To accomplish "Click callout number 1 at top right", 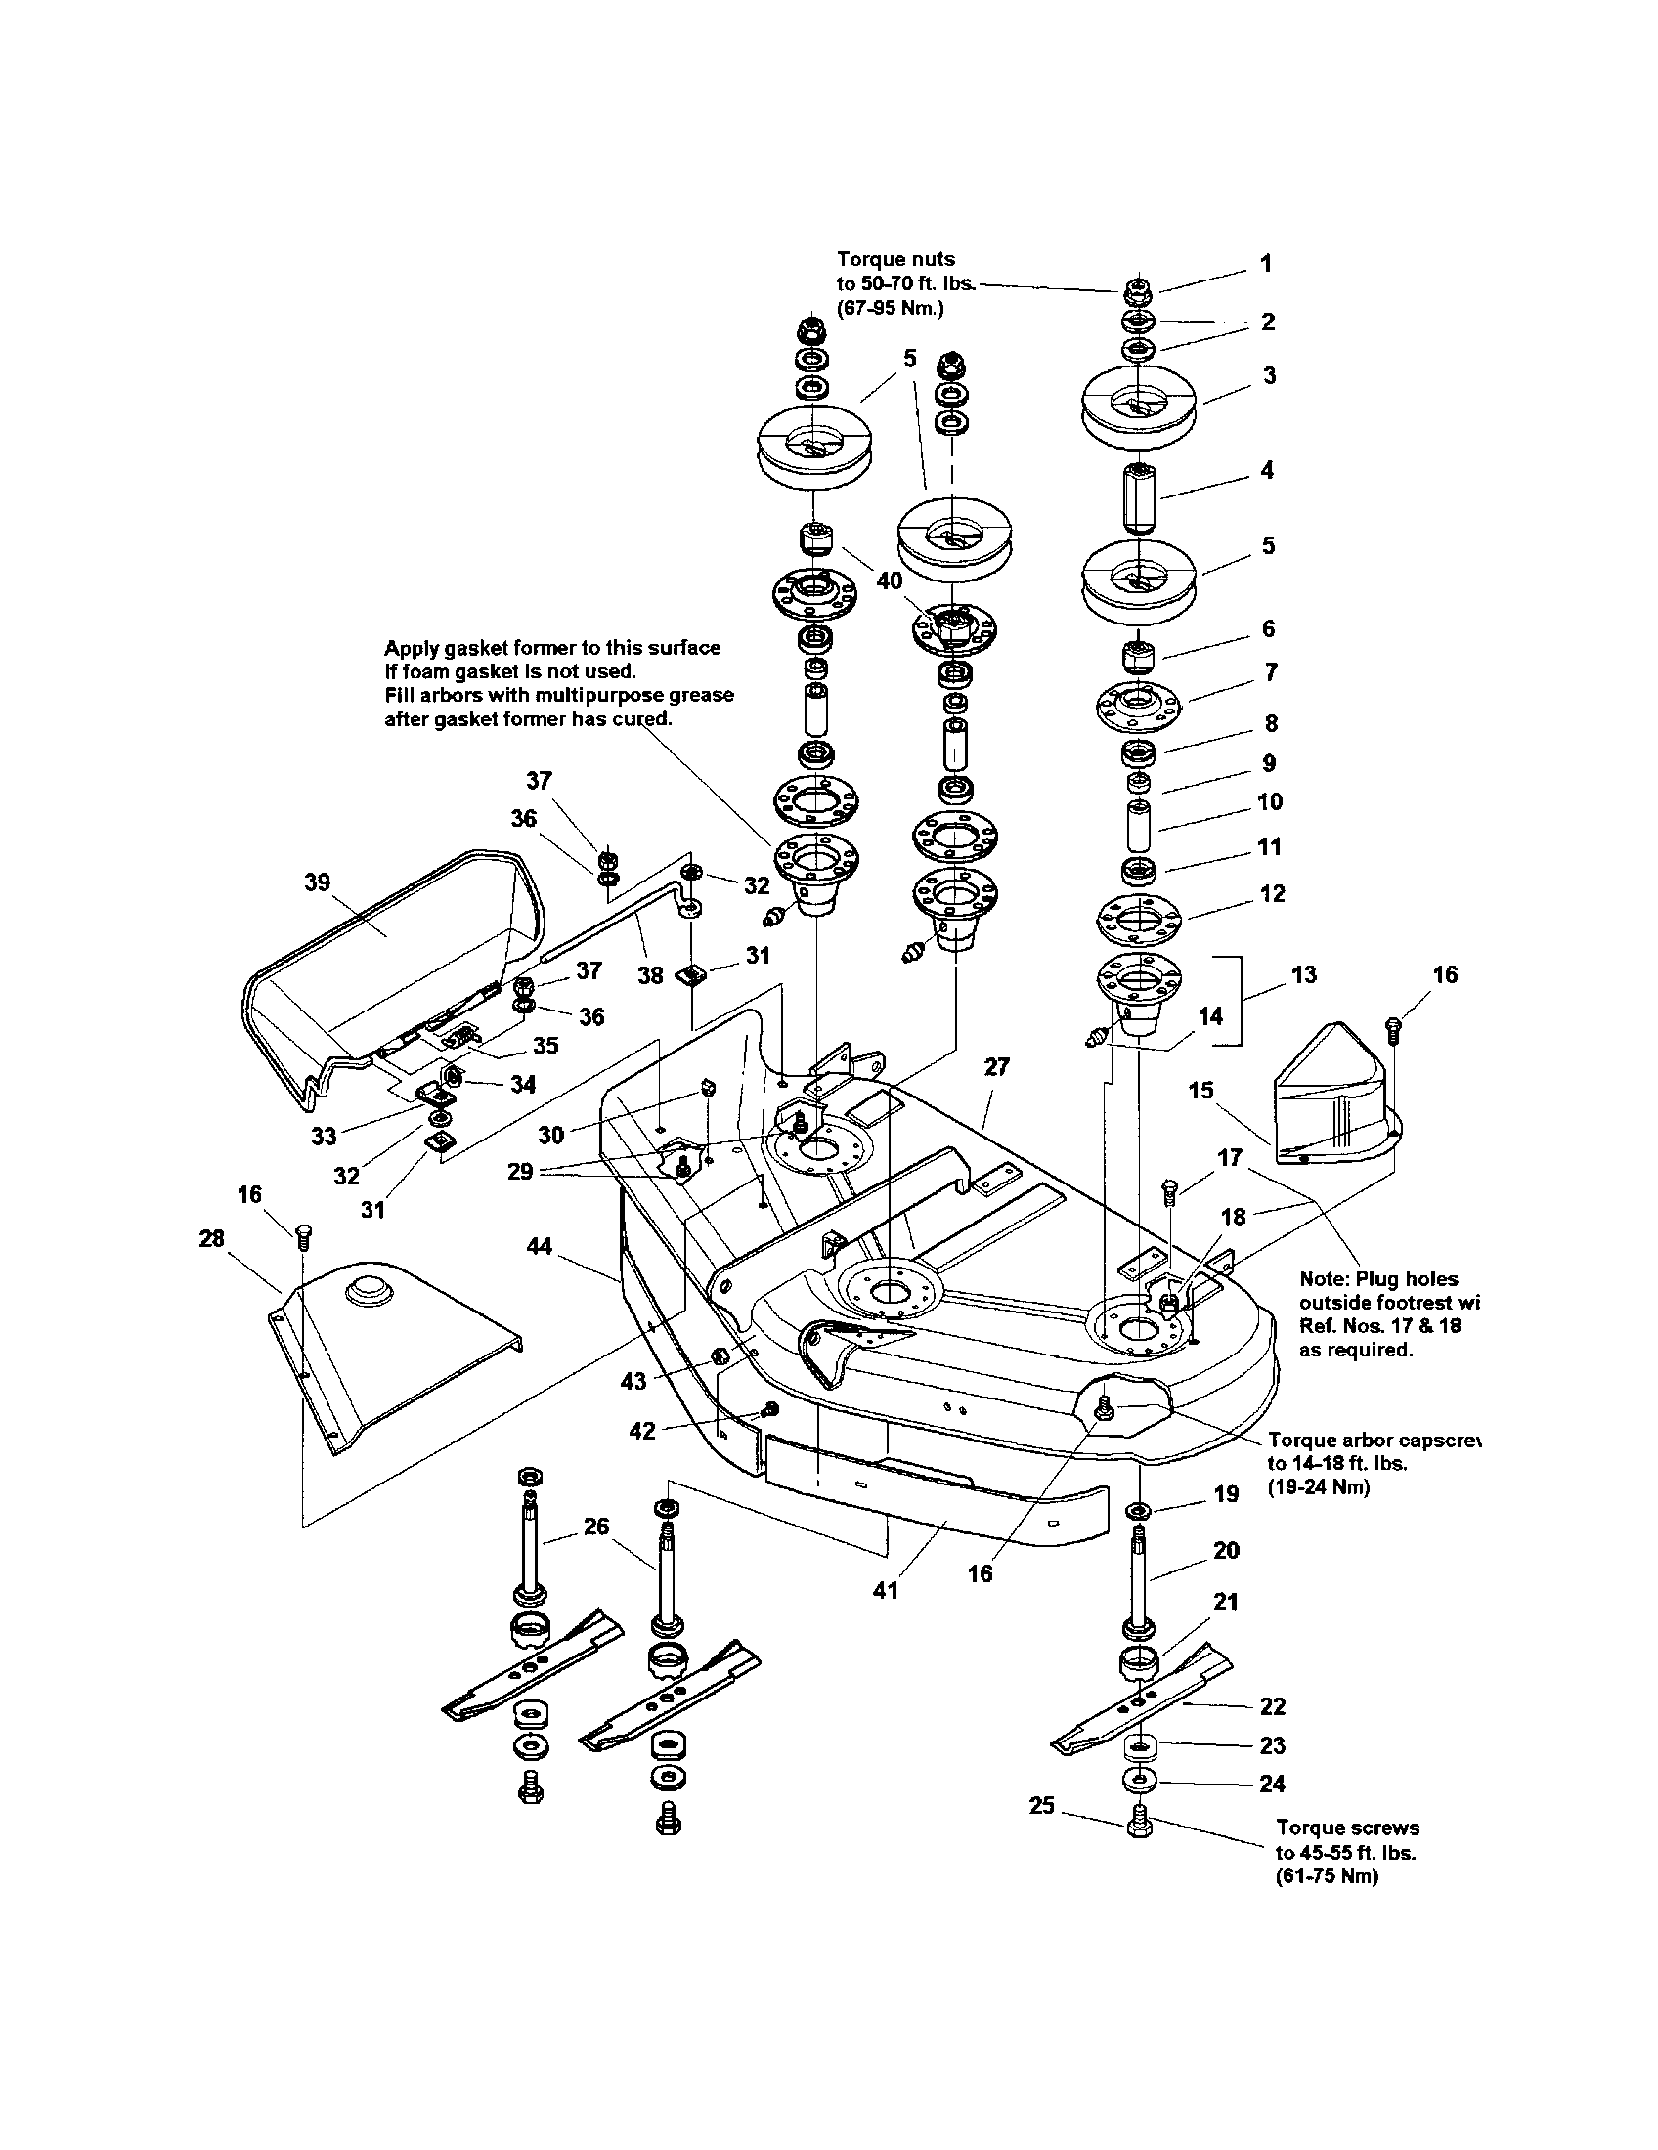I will (1266, 263).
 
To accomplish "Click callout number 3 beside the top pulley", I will (1269, 375).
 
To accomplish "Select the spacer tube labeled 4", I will (1136, 500).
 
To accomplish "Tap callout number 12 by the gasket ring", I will (1272, 893).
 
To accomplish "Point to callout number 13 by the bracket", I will (1303, 974).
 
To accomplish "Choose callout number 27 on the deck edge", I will (996, 1067).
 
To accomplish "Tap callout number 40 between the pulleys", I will (889, 580).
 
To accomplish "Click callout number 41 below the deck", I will (885, 1589).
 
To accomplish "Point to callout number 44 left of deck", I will (539, 1246).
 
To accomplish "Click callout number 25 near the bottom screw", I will (1042, 1805).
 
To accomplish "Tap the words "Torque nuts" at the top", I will (894, 259).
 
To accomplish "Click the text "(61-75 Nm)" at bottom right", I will (1327, 1875).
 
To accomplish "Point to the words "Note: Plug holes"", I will (1377, 1279).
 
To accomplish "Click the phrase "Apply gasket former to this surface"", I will (551, 648).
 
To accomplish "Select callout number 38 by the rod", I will (650, 975).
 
